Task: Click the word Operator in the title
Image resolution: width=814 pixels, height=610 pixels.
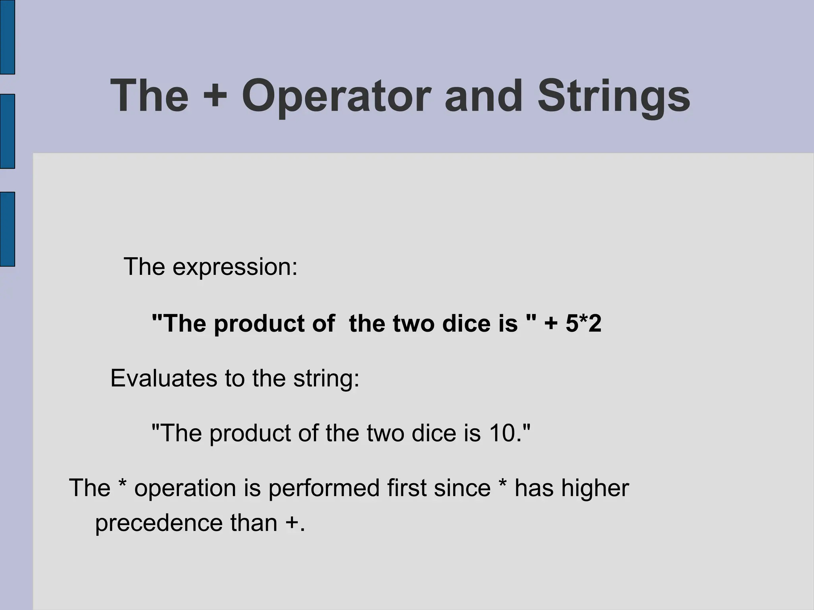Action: [336, 97]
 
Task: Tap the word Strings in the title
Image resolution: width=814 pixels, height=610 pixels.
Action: [614, 97]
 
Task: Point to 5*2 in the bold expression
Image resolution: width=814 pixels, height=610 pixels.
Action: [583, 323]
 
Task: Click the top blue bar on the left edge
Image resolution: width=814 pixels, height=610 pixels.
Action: [7, 37]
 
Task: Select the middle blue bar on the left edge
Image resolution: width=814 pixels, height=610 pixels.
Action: [7, 131]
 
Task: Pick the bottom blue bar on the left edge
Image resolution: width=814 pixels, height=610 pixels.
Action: [7, 229]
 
